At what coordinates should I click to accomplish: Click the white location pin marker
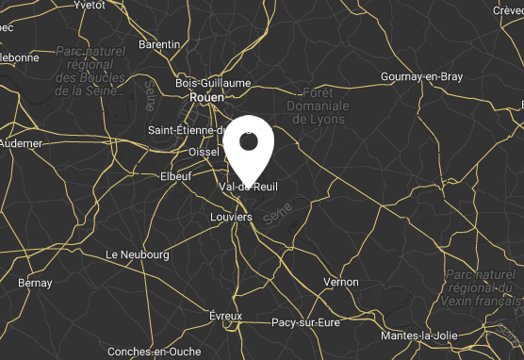pyautogui.click(x=249, y=151)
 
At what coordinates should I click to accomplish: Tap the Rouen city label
pyautogui.click(x=206, y=97)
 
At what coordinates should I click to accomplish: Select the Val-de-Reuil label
pyautogui.click(x=248, y=187)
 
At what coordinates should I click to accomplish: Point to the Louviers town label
pyautogui.click(x=231, y=217)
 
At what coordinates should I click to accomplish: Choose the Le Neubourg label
pyautogui.click(x=138, y=254)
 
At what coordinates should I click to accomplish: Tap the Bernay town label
pyautogui.click(x=35, y=283)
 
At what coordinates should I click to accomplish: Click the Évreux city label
pyautogui.click(x=226, y=316)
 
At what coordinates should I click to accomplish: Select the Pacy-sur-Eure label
pyautogui.click(x=304, y=322)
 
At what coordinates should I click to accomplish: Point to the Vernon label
pyautogui.click(x=340, y=282)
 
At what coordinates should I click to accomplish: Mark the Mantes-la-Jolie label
pyautogui.click(x=418, y=336)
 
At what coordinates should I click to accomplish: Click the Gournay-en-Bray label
pyautogui.click(x=421, y=77)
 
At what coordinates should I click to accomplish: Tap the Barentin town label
pyautogui.click(x=158, y=44)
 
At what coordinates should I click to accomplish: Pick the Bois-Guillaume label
pyautogui.click(x=213, y=83)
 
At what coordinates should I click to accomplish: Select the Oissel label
pyautogui.click(x=204, y=151)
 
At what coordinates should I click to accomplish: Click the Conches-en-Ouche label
pyautogui.click(x=154, y=352)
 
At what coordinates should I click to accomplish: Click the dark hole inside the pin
pyautogui.click(x=249, y=141)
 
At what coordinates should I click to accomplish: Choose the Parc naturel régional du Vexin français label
pyautogui.click(x=479, y=285)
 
